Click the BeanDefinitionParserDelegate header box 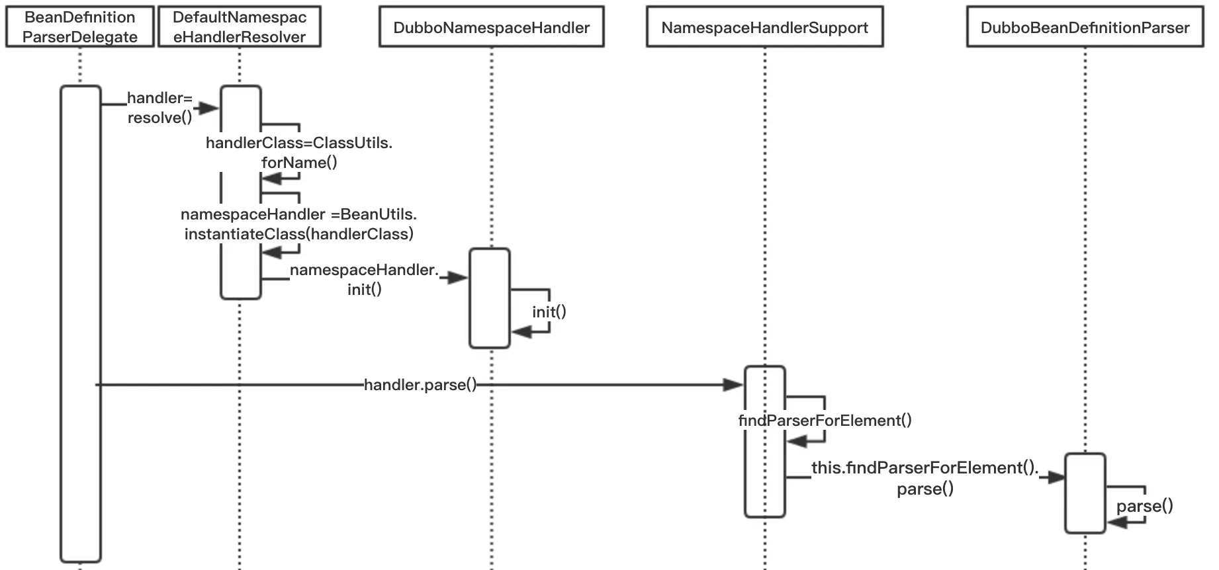coord(80,27)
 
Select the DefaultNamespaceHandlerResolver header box coord(240,27)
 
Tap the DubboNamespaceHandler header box coord(492,27)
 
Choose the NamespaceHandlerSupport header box coord(765,27)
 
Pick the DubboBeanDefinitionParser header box coord(1085,27)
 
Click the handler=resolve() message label coord(159,108)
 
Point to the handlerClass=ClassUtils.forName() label coord(299,153)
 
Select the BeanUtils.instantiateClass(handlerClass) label coord(299,224)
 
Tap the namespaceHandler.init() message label coord(365,280)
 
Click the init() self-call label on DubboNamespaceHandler coord(549,311)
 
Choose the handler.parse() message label coord(420,385)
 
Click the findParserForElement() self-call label coord(825,421)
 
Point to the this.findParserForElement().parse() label coord(925,478)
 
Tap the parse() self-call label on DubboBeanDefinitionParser coord(1145,507)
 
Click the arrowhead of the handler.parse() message coord(734,385)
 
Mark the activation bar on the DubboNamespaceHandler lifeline coord(490,298)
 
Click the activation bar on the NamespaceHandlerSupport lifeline coord(765,442)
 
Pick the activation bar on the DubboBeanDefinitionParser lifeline coord(1085,493)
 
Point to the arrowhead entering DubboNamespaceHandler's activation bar coord(458,278)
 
